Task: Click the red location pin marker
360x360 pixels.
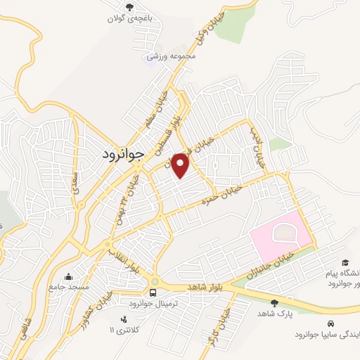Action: [x=181, y=165]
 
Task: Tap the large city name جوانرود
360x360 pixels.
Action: [x=122, y=153]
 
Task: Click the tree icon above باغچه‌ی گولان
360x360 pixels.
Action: [x=129, y=6]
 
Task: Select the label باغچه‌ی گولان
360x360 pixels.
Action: [x=131, y=18]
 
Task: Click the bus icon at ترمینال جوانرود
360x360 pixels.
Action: [x=153, y=292]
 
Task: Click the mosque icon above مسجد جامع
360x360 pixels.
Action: [x=68, y=276]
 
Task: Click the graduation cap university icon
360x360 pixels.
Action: [x=346, y=261]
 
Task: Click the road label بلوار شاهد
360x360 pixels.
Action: [x=205, y=287]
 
